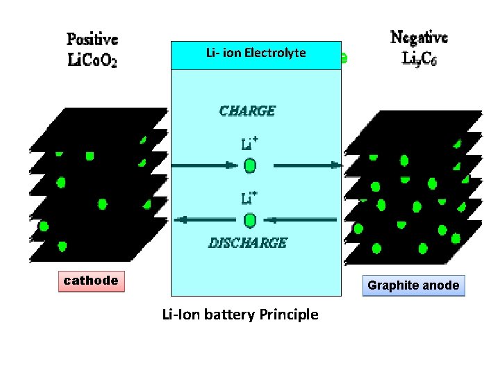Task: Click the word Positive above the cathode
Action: click(x=92, y=40)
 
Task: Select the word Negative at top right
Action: click(x=419, y=37)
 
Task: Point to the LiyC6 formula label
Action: click(x=419, y=58)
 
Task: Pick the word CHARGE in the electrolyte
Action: click(x=247, y=111)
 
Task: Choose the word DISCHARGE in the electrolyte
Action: click(x=248, y=243)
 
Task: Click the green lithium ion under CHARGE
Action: click(x=250, y=166)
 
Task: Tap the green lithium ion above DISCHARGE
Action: click(x=250, y=220)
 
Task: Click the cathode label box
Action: click(x=91, y=281)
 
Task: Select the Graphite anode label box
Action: click(x=413, y=285)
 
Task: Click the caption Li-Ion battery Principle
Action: click(x=240, y=315)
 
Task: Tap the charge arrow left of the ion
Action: click(x=206, y=166)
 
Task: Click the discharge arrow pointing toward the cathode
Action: click(x=206, y=220)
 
